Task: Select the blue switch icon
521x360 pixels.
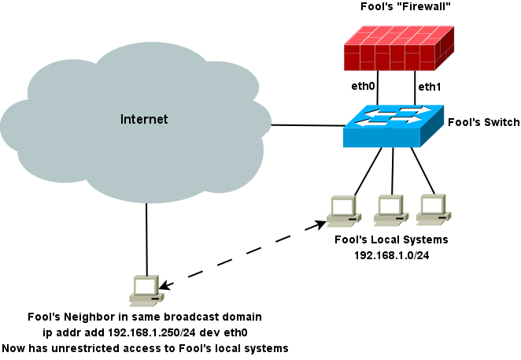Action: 393,126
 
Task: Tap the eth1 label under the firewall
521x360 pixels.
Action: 430,87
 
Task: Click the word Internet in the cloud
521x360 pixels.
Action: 144,120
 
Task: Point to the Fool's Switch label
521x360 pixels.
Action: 483,122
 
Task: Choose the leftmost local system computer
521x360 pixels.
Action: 344,209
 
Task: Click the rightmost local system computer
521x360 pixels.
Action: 432,206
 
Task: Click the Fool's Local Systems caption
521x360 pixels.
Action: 391,239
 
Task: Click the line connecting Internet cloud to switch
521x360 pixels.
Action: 307,124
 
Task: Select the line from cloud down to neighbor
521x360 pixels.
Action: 146,236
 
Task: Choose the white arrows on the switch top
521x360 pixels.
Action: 394,116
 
